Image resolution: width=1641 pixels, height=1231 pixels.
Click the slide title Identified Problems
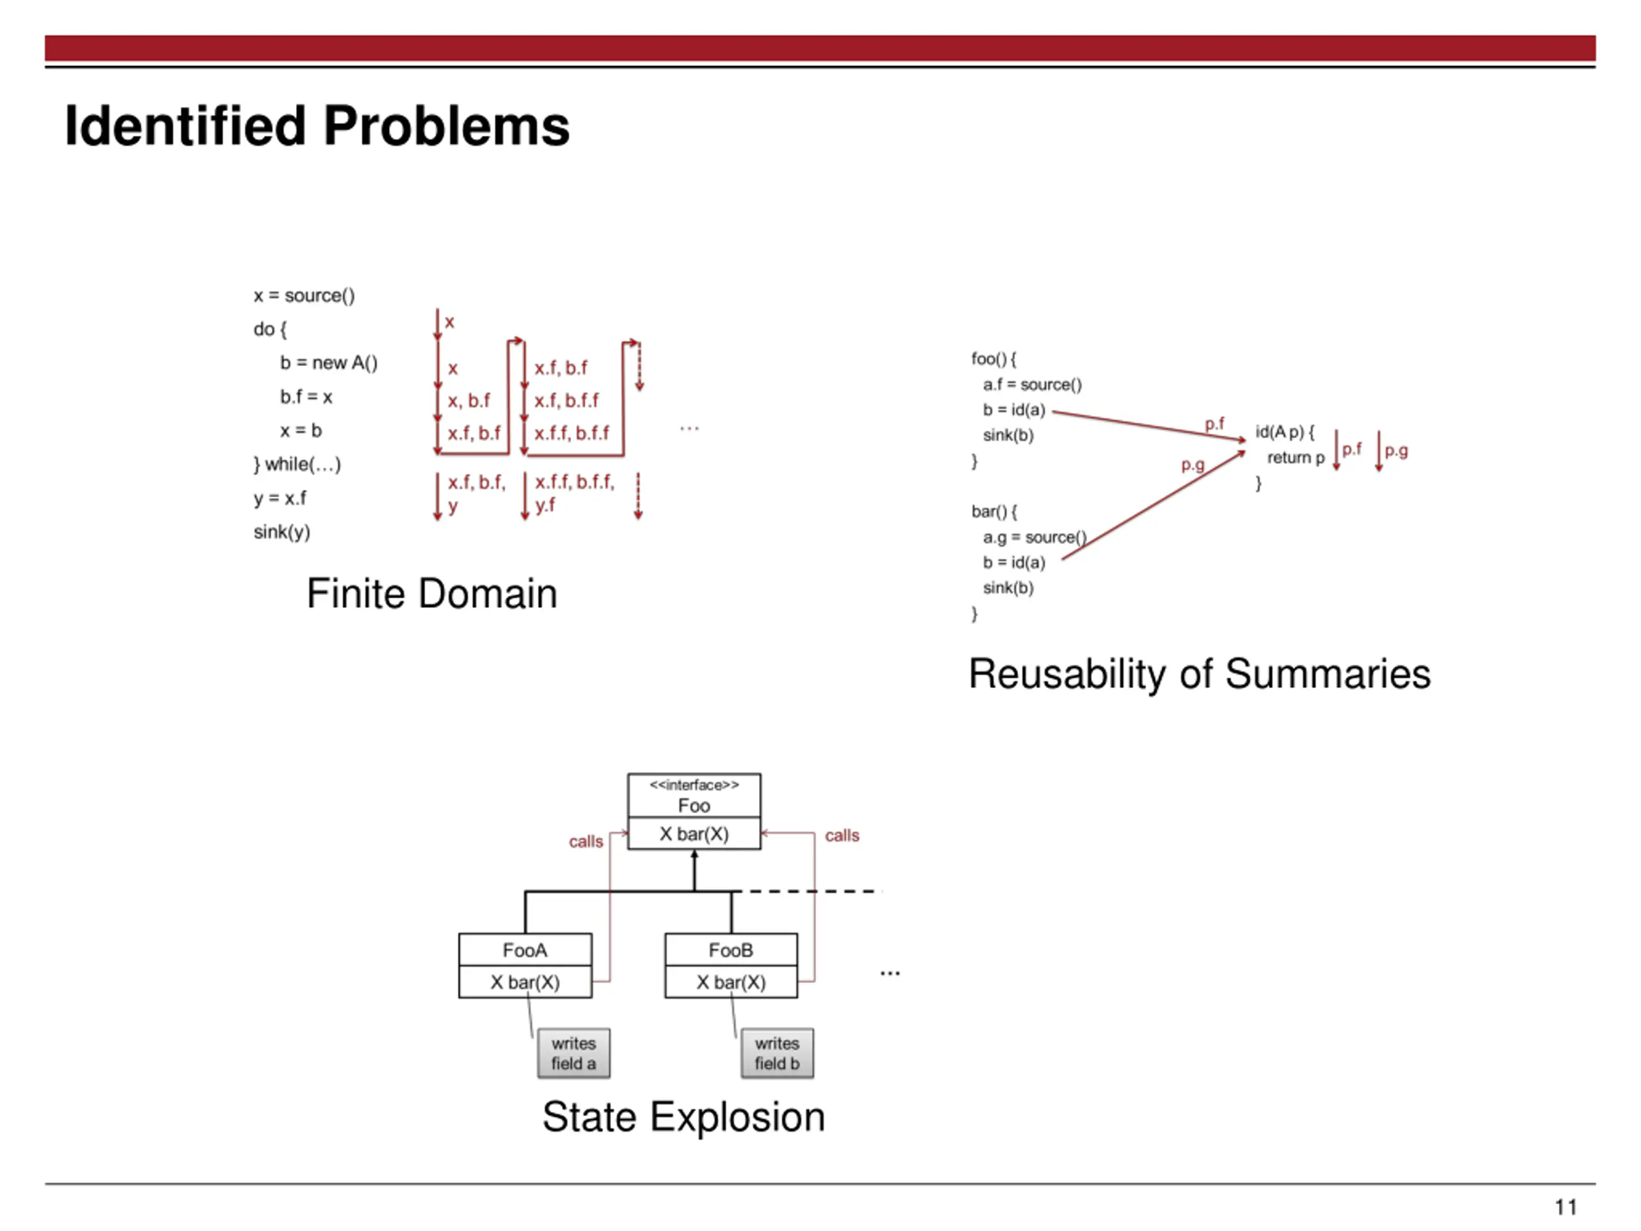pyautogui.click(x=317, y=126)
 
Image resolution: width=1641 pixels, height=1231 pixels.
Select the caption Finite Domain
pyautogui.click(x=432, y=594)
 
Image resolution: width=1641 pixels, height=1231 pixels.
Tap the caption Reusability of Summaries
pyautogui.click(x=1199, y=674)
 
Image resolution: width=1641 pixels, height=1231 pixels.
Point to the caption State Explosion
pyautogui.click(x=683, y=1118)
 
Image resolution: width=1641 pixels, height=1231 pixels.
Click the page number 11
pyautogui.click(x=1565, y=1207)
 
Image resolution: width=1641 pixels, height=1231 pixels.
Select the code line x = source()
pyautogui.click(x=304, y=296)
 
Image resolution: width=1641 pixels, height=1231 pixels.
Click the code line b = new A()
pyautogui.click(x=329, y=363)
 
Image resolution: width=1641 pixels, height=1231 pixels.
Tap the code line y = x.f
pyautogui.click(x=279, y=498)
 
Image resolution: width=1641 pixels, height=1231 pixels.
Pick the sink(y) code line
pyautogui.click(x=282, y=532)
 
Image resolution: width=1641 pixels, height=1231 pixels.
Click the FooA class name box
pyautogui.click(x=525, y=950)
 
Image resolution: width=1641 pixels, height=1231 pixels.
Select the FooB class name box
pyautogui.click(x=731, y=950)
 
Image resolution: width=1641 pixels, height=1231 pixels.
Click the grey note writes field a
pyautogui.click(x=574, y=1053)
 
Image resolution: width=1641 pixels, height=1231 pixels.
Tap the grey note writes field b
pyautogui.click(x=777, y=1053)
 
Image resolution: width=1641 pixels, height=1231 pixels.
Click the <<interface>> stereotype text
pyautogui.click(x=694, y=785)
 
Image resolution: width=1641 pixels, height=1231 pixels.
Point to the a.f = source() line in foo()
pyautogui.click(x=1033, y=384)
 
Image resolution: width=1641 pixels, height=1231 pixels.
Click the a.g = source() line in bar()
pyautogui.click(x=1035, y=537)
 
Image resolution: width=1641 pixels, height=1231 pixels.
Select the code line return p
pyautogui.click(x=1295, y=458)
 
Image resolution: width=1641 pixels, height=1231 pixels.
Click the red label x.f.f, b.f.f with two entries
pyautogui.click(x=572, y=433)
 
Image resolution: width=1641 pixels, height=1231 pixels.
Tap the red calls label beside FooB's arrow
pyautogui.click(x=842, y=835)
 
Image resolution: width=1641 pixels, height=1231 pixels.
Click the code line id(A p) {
pyautogui.click(x=1285, y=432)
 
